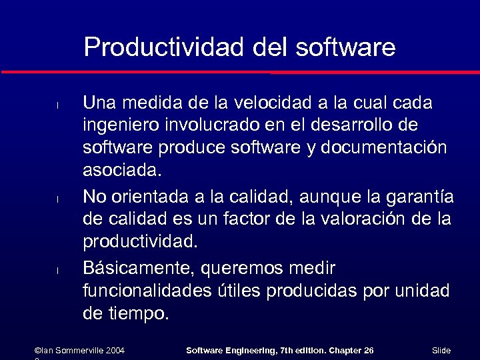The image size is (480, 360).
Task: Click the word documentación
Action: coord(384,148)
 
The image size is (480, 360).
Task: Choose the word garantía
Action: coord(420,197)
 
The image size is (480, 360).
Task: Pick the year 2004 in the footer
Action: coord(115,350)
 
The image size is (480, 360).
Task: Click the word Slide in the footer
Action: coord(441,350)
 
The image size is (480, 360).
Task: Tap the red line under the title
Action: coord(240,71)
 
